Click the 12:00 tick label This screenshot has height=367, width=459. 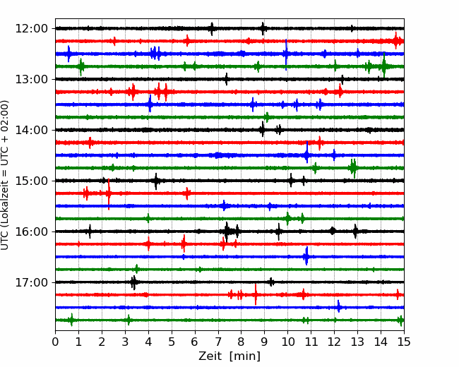31,29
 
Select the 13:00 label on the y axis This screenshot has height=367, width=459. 31,79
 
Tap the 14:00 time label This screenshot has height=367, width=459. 31,130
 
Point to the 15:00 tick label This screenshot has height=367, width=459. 31,181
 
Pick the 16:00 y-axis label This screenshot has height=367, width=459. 31,231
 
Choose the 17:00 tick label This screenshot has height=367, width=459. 31,282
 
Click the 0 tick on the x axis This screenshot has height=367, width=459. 55,342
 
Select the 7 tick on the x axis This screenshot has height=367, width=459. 218,342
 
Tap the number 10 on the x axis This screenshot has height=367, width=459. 287,342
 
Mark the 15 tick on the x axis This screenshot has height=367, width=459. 404,342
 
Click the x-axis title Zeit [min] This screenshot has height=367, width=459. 229,356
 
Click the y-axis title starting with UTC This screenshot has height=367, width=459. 5,175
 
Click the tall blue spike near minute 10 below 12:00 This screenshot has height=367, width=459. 286,54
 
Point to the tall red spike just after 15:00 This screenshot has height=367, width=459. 109,194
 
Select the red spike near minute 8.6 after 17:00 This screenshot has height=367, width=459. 256,294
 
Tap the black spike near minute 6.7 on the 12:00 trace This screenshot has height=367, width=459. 212,29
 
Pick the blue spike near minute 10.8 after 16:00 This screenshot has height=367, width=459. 306,256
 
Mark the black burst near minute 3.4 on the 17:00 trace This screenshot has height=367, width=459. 133,282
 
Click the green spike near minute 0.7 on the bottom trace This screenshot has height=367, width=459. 71,320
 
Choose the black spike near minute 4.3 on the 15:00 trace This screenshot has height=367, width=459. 156,181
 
